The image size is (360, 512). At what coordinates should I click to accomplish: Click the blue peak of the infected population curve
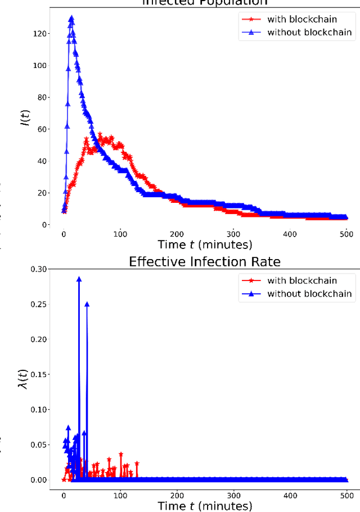[71, 19]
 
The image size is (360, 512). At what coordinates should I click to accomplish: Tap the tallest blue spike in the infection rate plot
[79, 278]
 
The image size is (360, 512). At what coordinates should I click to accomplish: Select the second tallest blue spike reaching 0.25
[87, 304]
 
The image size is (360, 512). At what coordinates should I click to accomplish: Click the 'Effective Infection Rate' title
[205, 261]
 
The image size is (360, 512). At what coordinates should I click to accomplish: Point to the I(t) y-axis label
[25, 115]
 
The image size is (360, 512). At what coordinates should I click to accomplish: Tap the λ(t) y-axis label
[25, 376]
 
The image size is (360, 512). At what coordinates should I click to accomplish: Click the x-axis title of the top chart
[205, 244]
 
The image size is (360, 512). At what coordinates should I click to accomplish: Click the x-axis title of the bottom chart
[205, 506]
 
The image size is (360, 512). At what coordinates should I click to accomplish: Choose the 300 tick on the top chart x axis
[233, 233]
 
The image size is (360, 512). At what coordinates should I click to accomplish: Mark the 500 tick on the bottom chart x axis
[347, 494]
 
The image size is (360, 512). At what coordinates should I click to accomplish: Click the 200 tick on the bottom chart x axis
[177, 494]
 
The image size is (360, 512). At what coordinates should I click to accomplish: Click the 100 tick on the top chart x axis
[120, 233]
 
